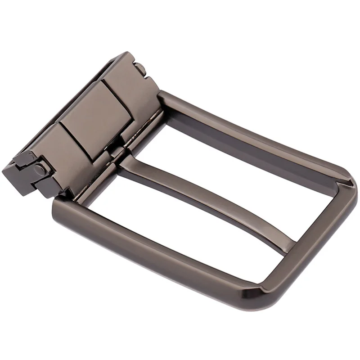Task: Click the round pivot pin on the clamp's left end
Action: pyautogui.click(x=41, y=170)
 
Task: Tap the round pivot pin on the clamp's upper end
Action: pyautogui.click(x=141, y=69)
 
